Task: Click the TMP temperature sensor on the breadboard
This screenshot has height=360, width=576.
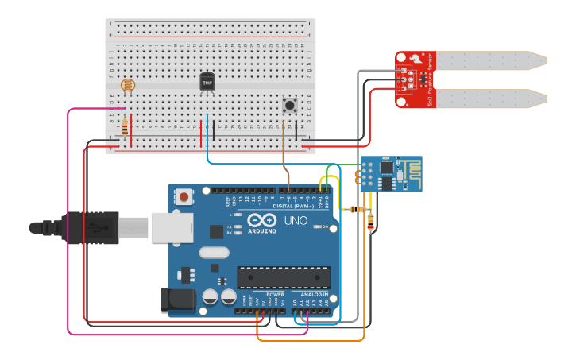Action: click(207, 81)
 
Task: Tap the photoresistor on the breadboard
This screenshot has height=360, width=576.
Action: click(127, 84)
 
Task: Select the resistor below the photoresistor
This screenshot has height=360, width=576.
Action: click(124, 126)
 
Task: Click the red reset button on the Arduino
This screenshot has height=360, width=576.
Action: click(184, 196)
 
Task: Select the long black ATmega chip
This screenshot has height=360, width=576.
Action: click(284, 277)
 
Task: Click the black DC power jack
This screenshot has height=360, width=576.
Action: click(179, 298)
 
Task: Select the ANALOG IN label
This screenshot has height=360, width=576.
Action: click(315, 294)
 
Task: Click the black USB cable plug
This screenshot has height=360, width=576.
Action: click(87, 227)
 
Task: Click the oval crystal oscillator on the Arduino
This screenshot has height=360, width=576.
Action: click(214, 253)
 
